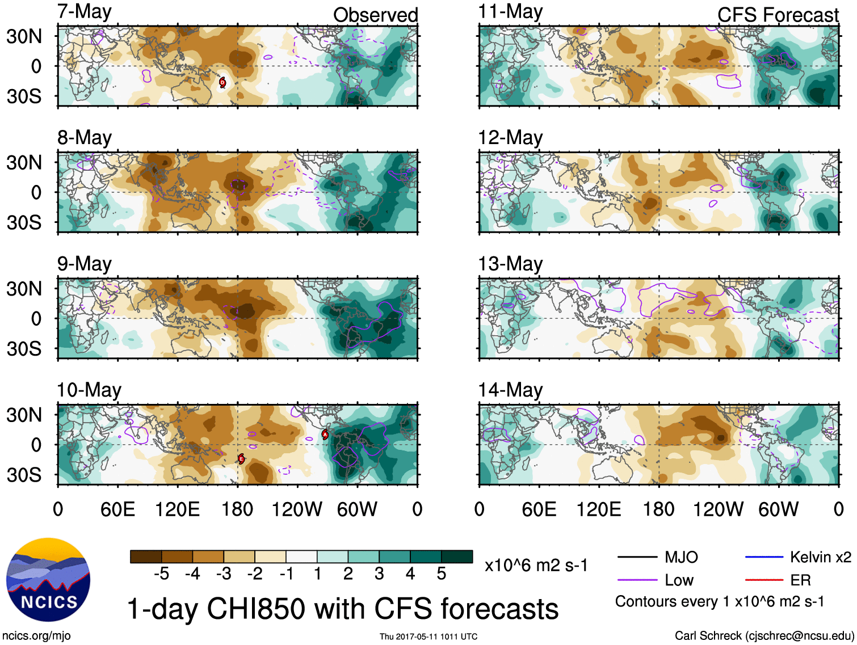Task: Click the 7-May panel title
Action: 84,12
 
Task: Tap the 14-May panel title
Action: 510,390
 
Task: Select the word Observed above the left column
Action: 375,15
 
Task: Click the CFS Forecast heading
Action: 778,15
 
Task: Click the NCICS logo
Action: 48,580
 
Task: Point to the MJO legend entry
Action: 680,557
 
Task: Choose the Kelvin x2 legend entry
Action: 820,557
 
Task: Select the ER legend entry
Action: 800,580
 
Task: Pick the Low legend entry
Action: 679,580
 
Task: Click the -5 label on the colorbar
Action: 162,574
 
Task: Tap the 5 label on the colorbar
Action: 442,574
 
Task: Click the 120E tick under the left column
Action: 177,509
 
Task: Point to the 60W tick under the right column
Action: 778,509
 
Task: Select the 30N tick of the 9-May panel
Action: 24,289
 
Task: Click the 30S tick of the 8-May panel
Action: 24,222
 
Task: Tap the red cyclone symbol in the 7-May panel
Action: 222,82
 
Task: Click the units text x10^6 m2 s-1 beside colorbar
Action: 536,566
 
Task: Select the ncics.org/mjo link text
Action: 36,636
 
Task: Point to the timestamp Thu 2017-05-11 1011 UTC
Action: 428,636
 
